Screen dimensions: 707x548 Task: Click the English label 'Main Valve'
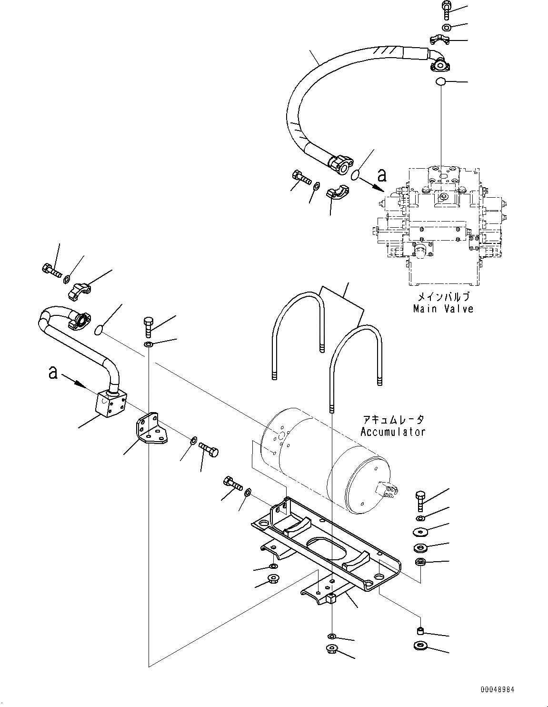tap(443, 309)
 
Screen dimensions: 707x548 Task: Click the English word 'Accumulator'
tap(386, 432)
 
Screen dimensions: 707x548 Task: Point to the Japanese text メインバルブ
tap(443, 296)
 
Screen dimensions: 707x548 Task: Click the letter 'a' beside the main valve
tap(381, 176)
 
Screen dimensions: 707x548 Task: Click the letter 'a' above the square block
tap(53, 372)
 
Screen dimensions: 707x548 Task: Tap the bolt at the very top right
tap(447, 9)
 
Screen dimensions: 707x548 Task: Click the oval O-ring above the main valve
tap(441, 82)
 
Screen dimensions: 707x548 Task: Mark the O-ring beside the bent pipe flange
tap(98, 330)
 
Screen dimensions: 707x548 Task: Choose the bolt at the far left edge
tap(50, 271)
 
